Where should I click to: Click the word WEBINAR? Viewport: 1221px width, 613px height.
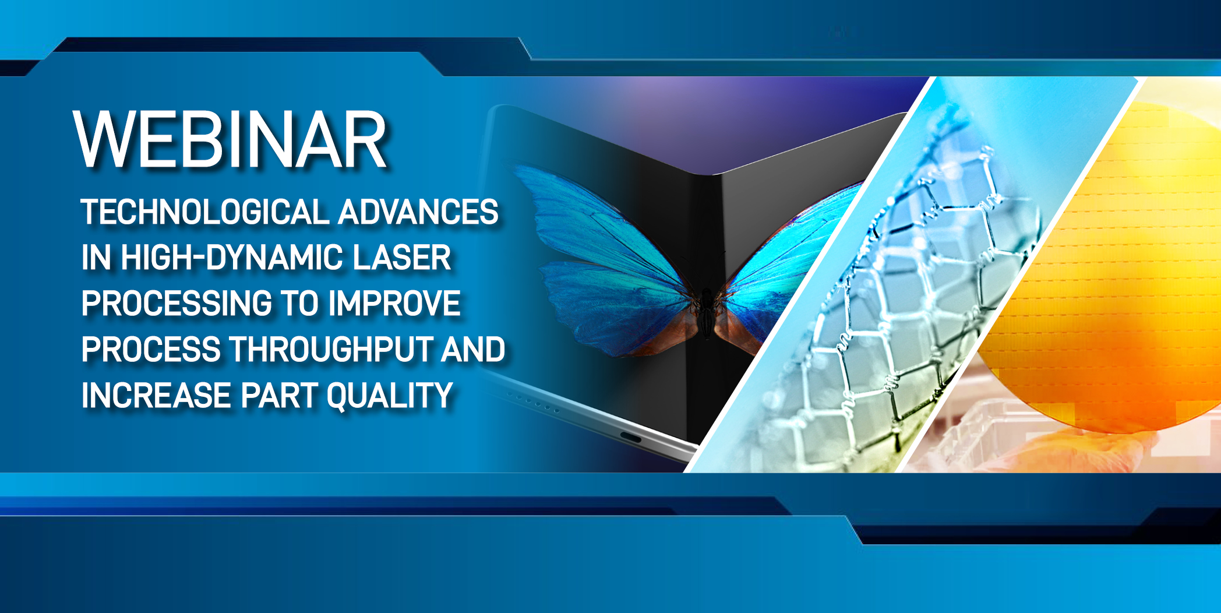(x=230, y=140)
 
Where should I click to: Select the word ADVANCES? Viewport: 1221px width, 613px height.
(x=418, y=212)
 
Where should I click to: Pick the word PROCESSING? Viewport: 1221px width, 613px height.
(x=177, y=304)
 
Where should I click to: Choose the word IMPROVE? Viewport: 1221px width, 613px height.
(x=394, y=304)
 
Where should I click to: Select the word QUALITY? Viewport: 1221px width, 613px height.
(x=390, y=396)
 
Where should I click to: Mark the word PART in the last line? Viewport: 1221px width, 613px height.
(x=278, y=396)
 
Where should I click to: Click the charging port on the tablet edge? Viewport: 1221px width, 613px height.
(x=630, y=438)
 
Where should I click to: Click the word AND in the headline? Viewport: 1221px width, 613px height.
(x=473, y=350)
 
